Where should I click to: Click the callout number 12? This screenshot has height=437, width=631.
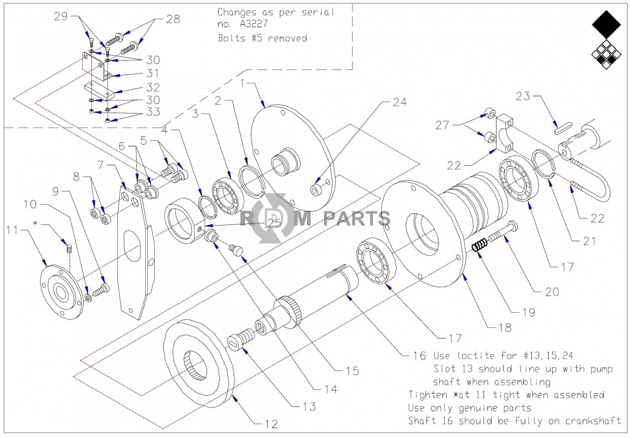point(272,424)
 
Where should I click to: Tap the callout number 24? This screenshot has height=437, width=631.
point(400,102)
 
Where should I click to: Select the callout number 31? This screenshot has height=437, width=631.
point(152,73)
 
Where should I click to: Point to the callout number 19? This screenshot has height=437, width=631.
point(528,312)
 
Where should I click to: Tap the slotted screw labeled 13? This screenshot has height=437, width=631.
point(240,339)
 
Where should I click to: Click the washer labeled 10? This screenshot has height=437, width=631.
point(88,297)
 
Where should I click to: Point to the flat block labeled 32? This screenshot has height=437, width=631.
point(100,90)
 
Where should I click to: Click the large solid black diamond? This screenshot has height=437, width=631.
point(606,25)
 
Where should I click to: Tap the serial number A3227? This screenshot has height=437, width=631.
point(253,24)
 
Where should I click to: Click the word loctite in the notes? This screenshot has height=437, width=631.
point(476,356)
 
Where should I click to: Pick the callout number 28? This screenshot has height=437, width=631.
point(173,19)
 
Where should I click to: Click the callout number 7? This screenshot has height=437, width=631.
point(101,165)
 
